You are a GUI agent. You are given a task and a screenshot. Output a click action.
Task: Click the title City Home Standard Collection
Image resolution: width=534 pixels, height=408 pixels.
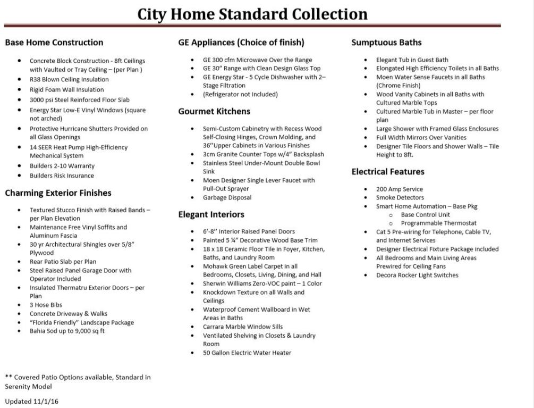pos(252,14)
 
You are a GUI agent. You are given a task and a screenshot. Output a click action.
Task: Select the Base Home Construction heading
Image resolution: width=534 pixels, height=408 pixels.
pos(54,43)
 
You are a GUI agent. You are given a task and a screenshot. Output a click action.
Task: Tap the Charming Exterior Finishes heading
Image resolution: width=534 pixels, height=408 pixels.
pos(58,193)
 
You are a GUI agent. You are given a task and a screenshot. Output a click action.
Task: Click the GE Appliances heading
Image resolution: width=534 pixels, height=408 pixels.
pos(241,43)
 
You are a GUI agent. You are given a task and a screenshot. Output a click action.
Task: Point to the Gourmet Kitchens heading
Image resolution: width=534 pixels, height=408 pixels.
pos(214,111)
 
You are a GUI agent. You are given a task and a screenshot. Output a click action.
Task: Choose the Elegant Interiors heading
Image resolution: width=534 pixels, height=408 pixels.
pos(211,214)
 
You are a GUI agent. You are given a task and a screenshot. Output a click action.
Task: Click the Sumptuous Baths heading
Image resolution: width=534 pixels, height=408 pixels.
pos(386,43)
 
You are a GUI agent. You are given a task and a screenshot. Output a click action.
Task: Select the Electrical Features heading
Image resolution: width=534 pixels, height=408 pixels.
pos(388,172)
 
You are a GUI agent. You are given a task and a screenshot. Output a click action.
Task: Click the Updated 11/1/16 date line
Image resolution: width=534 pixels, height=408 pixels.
pos(32,401)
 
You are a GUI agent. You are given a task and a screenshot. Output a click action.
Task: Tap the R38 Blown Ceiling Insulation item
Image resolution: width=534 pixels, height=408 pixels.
pos(69,80)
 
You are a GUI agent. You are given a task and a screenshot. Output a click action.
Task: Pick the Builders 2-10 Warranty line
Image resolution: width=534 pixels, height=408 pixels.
pos(62,166)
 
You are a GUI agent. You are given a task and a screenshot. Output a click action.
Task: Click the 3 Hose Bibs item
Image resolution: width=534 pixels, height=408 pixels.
pos(47,305)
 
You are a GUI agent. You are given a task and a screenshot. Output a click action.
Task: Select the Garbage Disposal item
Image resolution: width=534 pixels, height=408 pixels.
pos(227,198)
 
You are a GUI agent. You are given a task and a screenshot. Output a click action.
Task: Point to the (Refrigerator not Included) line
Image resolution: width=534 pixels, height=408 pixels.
pos(240,95)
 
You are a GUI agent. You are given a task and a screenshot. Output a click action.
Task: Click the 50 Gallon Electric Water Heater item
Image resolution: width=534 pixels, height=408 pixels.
pos(247,353)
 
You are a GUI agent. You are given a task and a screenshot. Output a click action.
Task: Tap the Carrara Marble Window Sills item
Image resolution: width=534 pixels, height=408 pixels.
pos(243,327)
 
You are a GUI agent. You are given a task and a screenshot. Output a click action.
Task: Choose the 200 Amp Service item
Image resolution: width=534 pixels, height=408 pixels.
pos(400,189)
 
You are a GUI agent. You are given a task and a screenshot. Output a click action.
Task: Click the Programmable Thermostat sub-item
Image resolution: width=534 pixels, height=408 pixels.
pos(438,223)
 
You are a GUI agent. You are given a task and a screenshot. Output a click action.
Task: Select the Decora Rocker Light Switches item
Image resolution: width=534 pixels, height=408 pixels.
pos(417,276)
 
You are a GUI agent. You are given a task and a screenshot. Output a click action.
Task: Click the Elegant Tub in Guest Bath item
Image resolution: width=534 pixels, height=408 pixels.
pos(412,60)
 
